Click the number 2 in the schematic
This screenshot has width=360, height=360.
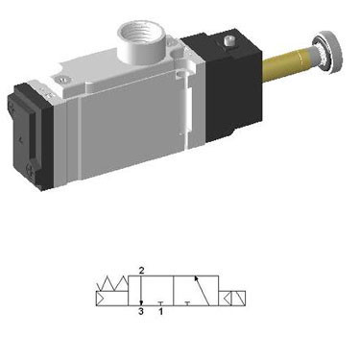tap(142, 271)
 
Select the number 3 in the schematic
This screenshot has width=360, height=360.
tap(142, 311)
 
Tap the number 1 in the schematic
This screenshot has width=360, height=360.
tap(160, 311)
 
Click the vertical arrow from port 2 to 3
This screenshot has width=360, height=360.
tap(142, 290)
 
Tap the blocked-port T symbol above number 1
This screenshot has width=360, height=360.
tap(160, 300)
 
